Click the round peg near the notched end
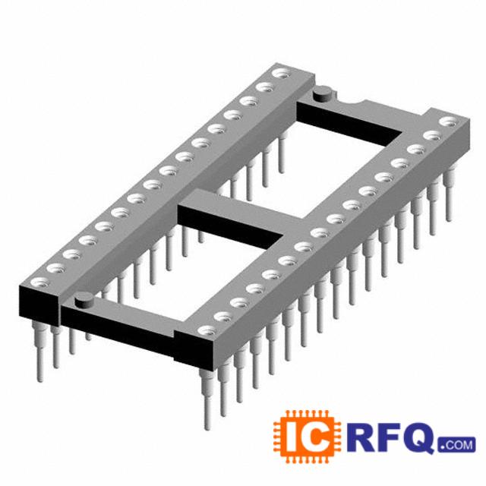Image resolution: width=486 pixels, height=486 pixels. [x=322, y=93]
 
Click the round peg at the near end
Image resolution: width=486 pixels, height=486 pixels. [x=84, y=300]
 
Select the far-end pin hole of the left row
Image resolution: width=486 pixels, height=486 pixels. [x=281, y=74]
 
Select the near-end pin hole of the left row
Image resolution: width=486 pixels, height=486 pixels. [x=39, y=282]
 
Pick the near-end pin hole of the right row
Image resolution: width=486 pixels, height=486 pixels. [x=207, y=330]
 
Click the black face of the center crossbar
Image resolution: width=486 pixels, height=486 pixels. [x=230, y=226]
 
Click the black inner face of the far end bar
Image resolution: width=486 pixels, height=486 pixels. [x=349, y=124]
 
